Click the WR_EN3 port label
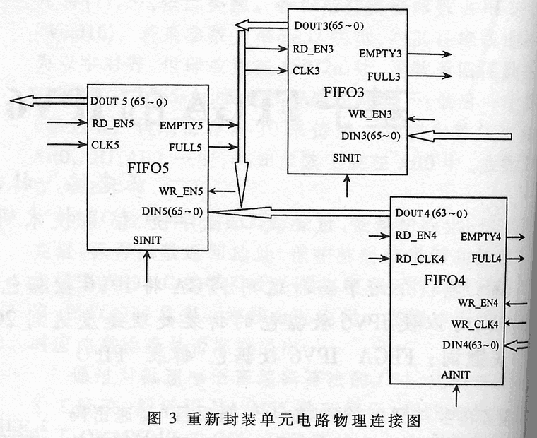[370, 115]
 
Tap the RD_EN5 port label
[113, 123]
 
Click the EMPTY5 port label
[180, 126]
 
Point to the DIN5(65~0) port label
[172, 211]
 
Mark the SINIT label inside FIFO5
[148, 240]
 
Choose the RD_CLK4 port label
[420, 258]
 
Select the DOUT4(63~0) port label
[430, 213]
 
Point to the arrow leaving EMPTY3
[431, 54]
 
